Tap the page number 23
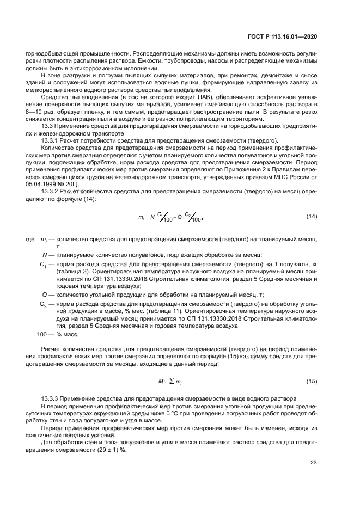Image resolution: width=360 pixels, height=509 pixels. click(x=313, y=463)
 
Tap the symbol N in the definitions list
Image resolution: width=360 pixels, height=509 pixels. click(x=44, y=255)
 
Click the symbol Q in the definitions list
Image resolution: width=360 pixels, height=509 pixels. click(x=44, y=294)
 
